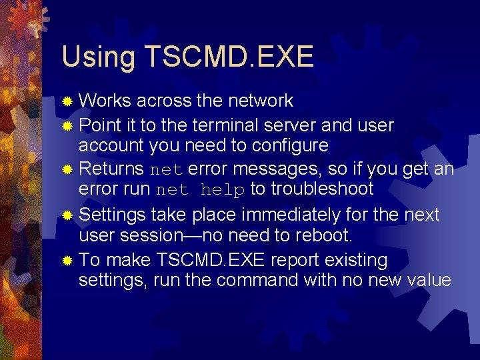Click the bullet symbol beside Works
(67, 102)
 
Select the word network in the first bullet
(260, 101)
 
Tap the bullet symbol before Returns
(67, 170)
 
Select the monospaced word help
(223, 190)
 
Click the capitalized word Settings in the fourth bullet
(112, 215)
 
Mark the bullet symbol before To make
(67, 261)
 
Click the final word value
(427, 280)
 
